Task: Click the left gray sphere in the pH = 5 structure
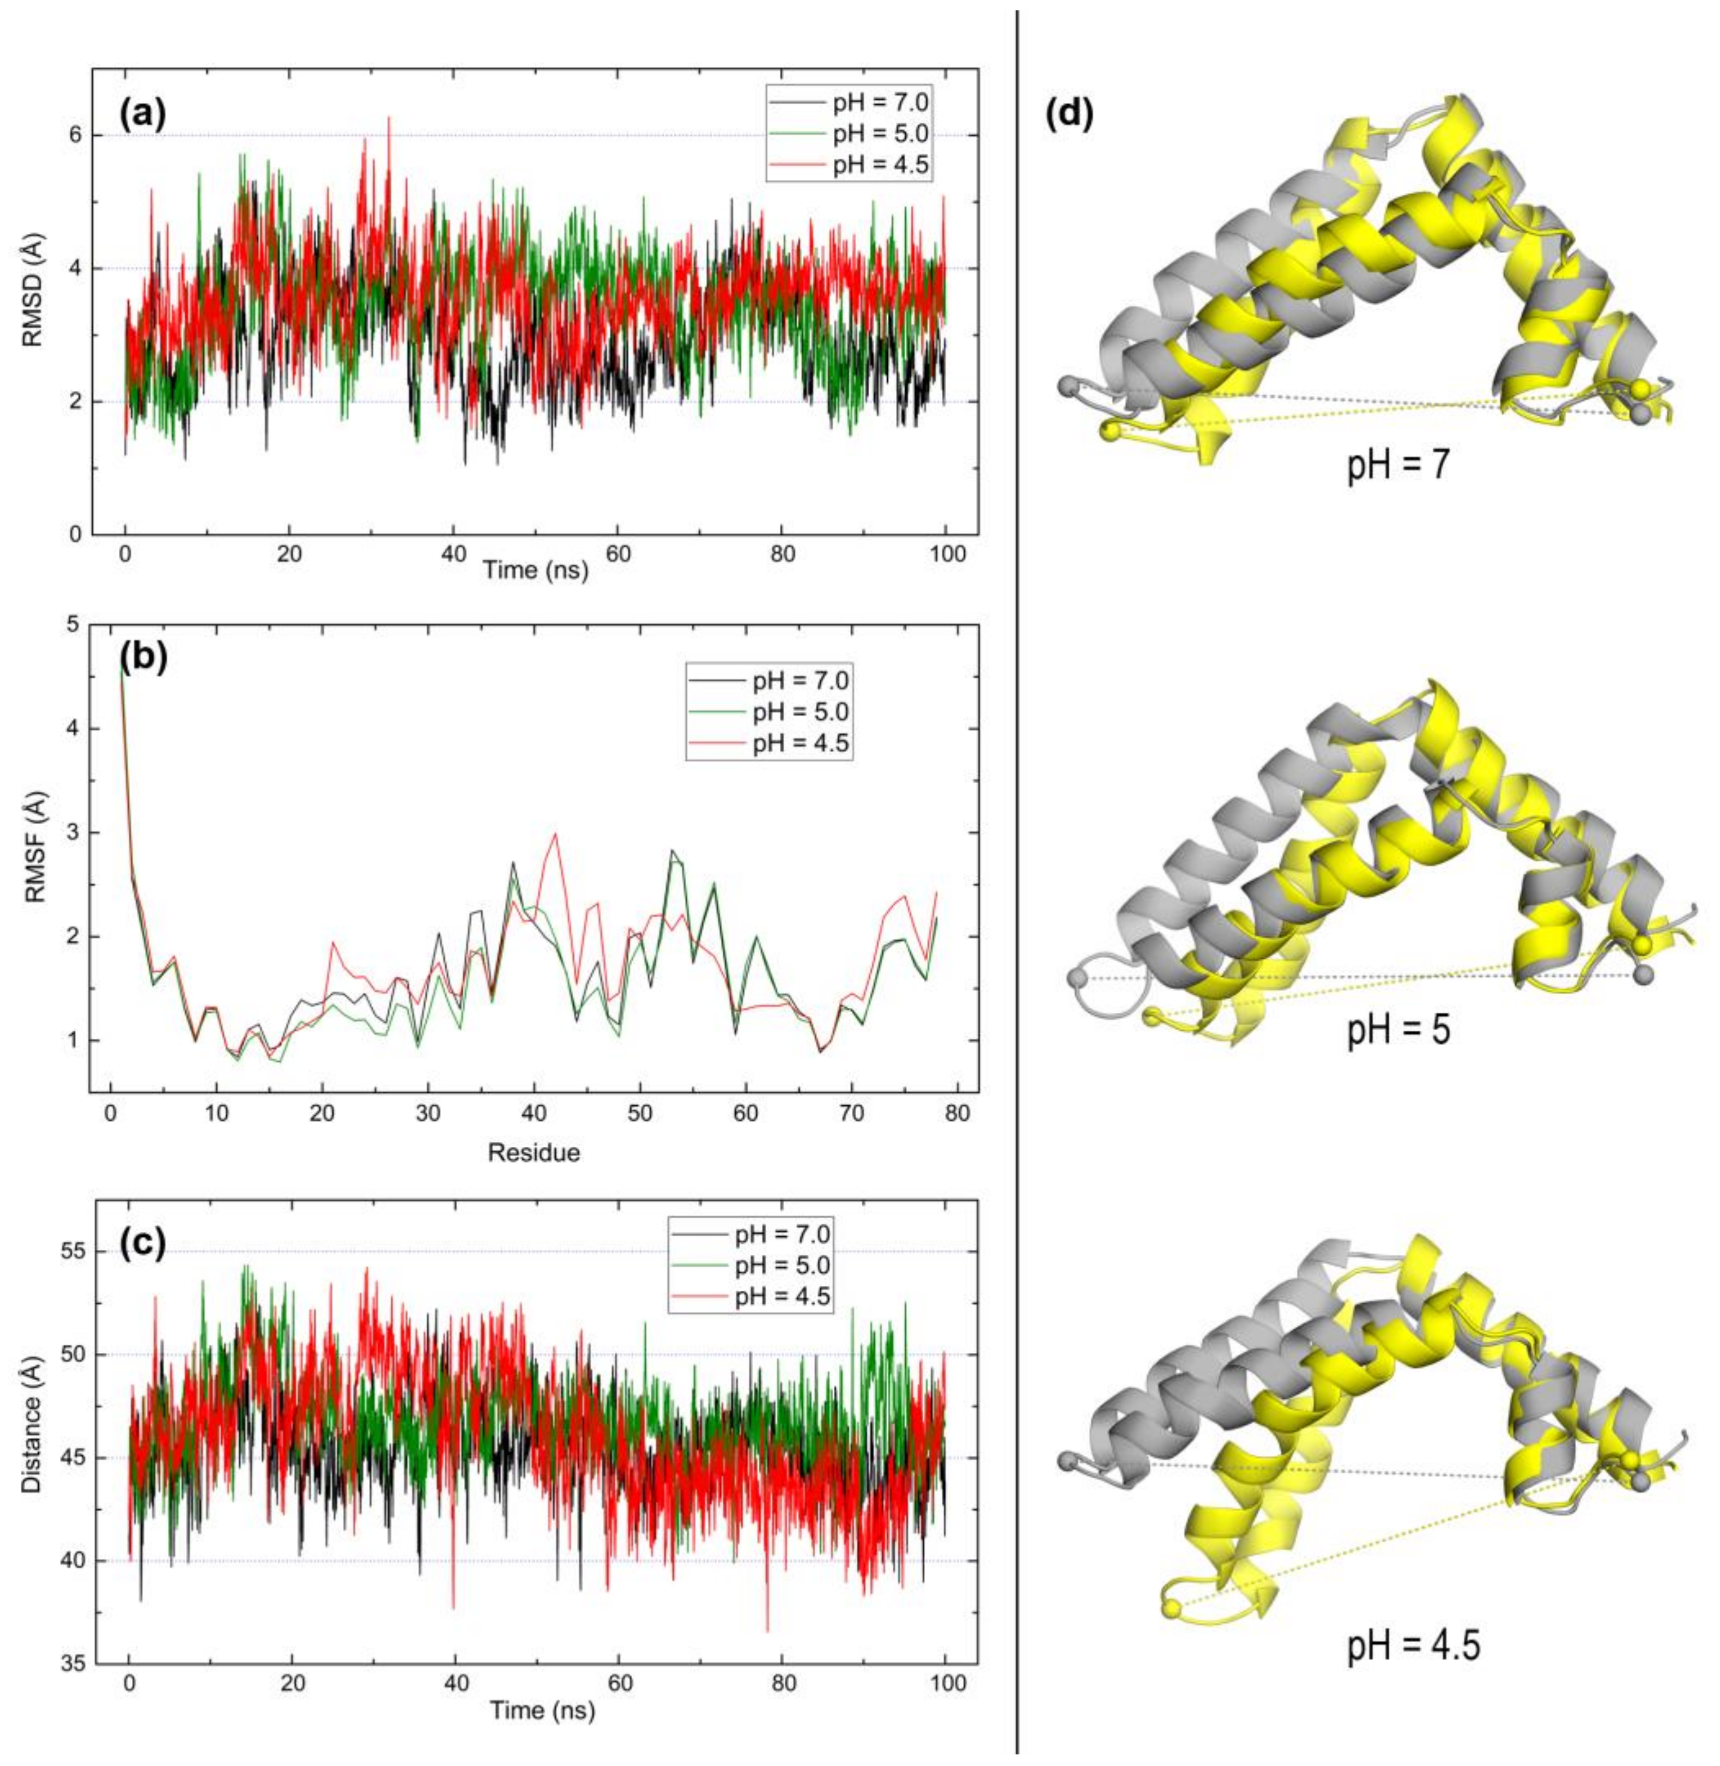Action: (1076, 977)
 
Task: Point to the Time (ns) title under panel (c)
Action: (542, 1710)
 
